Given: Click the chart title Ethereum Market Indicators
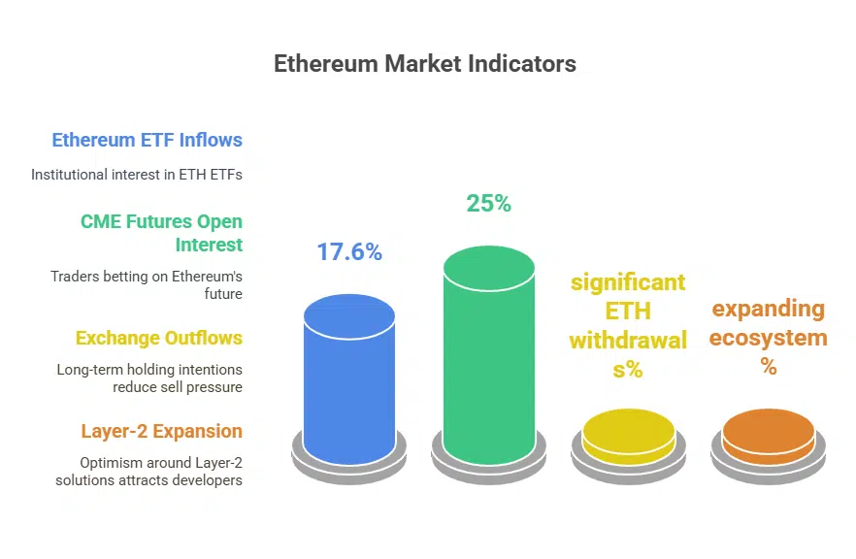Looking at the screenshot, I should pos(424,64).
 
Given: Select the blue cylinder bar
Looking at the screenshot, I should pos(349,378).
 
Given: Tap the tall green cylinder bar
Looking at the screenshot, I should pos(489,349).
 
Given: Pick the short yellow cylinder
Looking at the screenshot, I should pos(629,437).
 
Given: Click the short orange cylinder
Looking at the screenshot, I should pos(769,437).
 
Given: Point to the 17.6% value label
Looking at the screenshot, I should pos(349,252).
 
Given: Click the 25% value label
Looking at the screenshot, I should pos(488,204).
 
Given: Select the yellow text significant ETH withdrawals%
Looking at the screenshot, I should pos(628,325).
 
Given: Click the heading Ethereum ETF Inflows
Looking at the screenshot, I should pos(147,140).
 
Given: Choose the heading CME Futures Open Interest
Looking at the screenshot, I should pos(161,233).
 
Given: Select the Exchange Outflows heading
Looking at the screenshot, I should pos(159,338).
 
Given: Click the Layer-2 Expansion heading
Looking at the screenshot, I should pos(161,431).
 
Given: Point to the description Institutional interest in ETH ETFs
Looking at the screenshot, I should pos(137,175).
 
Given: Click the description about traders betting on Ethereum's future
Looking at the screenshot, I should pos(147,285).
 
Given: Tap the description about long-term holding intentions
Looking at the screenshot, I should pos(149,378).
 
